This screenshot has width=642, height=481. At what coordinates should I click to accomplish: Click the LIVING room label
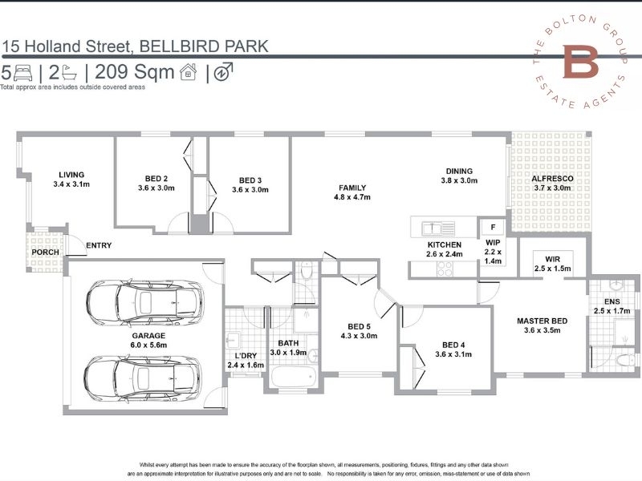point(71,175)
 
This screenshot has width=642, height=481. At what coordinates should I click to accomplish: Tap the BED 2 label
point(156,179)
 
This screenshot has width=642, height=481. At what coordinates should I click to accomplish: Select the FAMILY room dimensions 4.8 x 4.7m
point(352,197)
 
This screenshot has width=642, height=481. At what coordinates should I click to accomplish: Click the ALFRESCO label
point(552,179)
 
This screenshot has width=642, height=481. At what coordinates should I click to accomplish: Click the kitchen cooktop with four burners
point(445,269)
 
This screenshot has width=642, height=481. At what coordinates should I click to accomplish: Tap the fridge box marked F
point(493,227)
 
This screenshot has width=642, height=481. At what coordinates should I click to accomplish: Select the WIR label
point(552,259)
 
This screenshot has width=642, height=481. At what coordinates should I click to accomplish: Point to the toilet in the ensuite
point(625,361)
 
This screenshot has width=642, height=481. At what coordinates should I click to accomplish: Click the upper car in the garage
point(144,303)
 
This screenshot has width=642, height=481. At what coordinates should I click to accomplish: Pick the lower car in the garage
point(142,378)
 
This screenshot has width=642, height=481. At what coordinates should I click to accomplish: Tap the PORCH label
point(46,253)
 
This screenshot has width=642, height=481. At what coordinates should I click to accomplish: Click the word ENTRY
point(99,245)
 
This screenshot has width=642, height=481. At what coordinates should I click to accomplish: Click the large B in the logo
point(580,62)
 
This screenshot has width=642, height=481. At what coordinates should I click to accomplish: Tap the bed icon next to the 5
point(23,73)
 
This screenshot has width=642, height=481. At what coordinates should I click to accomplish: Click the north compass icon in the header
point(223,72)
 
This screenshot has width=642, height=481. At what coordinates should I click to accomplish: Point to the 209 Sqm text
point(135,72)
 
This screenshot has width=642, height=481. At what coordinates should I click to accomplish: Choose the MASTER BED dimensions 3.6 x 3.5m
point(542,330)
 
